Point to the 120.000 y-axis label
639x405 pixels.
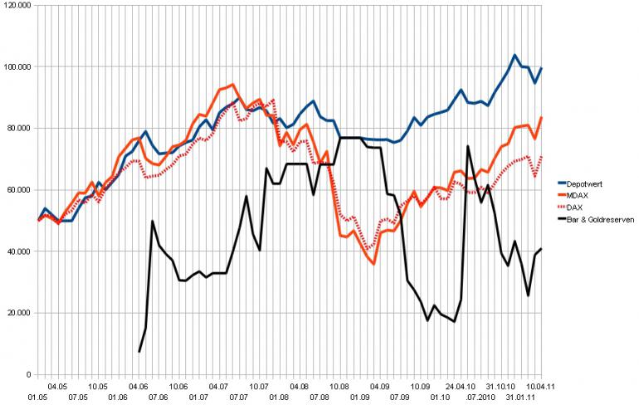[17, 5]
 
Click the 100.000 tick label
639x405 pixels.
[17, 66]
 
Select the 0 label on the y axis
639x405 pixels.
[28, 374]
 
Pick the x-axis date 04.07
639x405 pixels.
[219, 386]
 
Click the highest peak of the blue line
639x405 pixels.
[515, 56]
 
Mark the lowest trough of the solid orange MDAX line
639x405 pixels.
[374, 264]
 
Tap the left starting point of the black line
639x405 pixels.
[139, 352]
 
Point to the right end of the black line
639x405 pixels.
[542, 249]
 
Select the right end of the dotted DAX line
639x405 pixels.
[542, 156]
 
